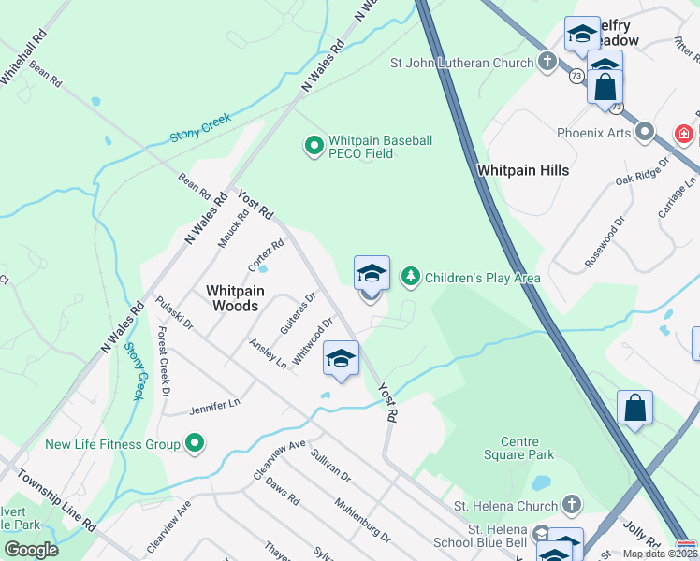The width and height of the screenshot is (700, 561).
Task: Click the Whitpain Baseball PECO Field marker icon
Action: [x=313, y=146]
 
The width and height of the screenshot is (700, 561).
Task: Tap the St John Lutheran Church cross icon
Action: [x=547, y=63]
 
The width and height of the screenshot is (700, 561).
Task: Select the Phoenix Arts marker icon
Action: [x=645, y=132]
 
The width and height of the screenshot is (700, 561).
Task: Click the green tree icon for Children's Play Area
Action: [x=409, y=277]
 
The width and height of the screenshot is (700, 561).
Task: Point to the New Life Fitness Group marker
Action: [x=194, y=443]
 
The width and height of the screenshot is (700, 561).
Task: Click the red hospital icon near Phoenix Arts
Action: [x=684, y=134]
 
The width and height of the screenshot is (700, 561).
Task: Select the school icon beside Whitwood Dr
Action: [x=342, y=359]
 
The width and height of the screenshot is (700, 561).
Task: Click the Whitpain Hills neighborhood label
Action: [x=522, y=170]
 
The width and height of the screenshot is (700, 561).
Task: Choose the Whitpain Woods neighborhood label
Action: [x=235, y=298]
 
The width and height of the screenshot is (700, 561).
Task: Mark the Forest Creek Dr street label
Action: [x=163, y=361]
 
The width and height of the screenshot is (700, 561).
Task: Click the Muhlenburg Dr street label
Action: [x=361, y=521]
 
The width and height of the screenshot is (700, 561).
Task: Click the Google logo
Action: [x=31, y=550]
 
